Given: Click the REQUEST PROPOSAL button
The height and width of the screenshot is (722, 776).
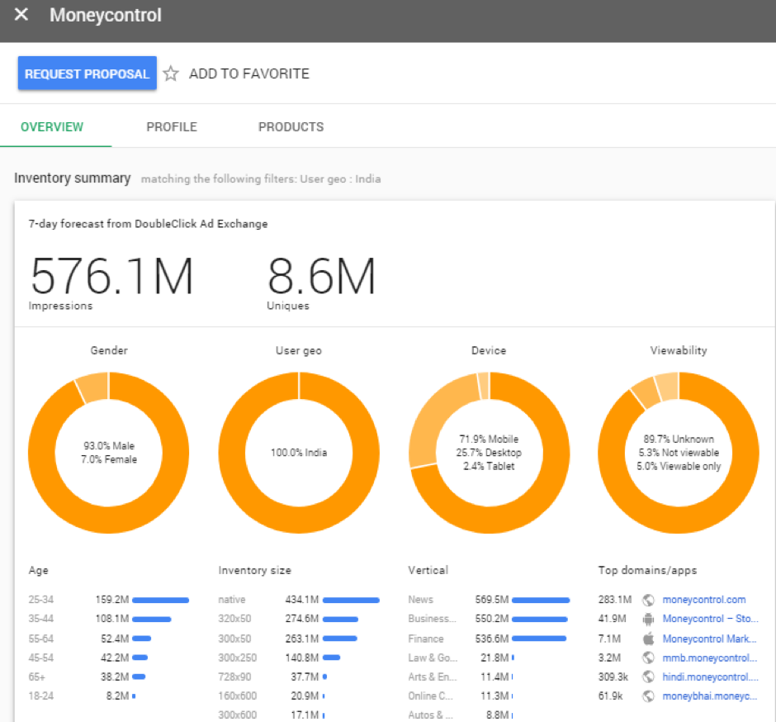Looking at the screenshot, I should (87, 74).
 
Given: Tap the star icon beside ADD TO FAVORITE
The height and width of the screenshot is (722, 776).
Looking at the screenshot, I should (171, 74).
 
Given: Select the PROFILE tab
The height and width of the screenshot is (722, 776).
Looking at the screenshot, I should (172, 127).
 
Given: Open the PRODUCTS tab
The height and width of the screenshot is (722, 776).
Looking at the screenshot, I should (291, 127).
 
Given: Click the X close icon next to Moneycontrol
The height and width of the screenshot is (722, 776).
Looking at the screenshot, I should (21, 15).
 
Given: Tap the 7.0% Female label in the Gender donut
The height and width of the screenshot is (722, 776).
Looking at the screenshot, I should (109, 459).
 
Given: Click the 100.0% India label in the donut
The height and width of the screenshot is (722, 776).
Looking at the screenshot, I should (299, 453).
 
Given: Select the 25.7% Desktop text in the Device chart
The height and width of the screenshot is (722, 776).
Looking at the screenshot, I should (489, 453).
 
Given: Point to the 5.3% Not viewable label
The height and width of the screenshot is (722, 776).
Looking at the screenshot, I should (679, 453).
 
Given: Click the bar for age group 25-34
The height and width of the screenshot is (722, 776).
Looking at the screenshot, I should (160, 600).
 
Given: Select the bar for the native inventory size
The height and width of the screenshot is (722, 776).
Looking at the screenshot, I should (351, 600).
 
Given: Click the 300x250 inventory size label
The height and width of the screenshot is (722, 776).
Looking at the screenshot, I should (238, 658).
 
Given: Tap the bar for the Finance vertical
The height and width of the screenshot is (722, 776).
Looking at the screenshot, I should (539, 639).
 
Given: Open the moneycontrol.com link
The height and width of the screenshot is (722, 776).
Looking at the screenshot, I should (703, 600).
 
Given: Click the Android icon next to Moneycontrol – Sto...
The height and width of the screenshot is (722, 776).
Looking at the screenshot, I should (648, 619).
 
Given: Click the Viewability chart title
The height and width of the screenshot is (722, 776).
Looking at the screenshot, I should (679, 350).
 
